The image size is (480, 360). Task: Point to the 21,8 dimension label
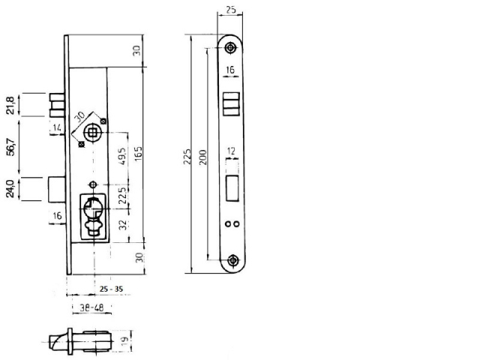(10, 105)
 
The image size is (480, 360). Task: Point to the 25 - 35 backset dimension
(110, 288)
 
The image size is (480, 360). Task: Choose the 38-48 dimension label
(91, 307)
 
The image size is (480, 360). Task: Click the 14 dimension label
(56, 129)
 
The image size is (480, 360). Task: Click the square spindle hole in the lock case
(92, 132)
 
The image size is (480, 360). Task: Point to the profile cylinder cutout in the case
(94, 214)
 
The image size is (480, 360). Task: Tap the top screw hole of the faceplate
(230, 48)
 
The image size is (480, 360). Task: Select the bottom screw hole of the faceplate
(234, 260)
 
